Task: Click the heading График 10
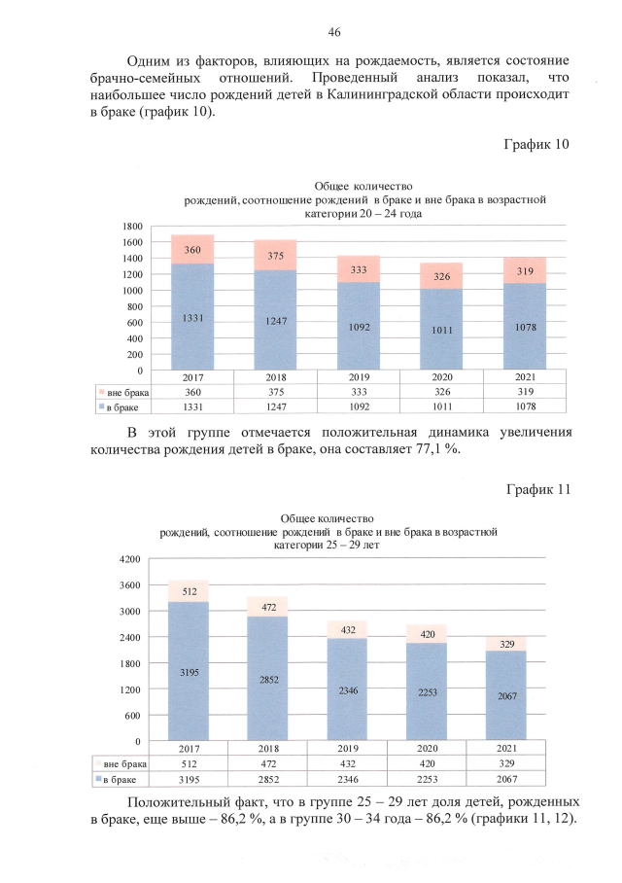[536, 145]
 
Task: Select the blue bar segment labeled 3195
[188, 671]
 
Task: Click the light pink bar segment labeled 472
[267, 606]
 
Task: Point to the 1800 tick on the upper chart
[131, 226]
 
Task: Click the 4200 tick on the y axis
[129, 559]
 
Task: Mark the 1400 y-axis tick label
[131, 258]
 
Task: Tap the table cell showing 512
[188, 764]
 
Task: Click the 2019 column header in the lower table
[347, 750]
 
